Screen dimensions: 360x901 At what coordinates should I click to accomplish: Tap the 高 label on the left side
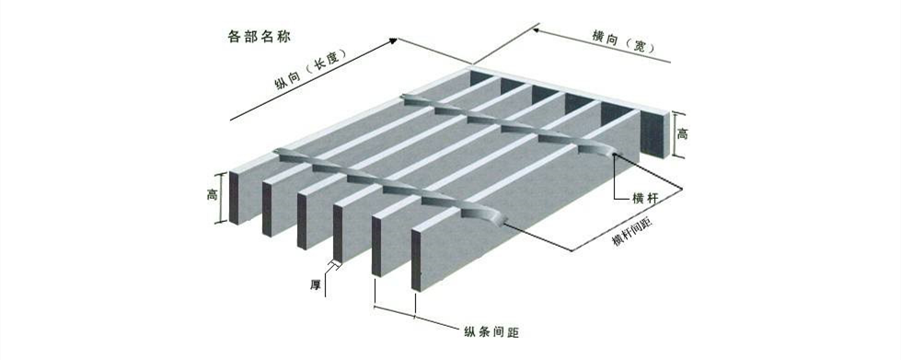211,195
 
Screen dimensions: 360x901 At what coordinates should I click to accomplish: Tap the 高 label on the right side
682,134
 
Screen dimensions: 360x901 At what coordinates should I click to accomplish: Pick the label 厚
316,285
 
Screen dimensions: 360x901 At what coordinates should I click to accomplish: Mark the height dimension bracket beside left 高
222,196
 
